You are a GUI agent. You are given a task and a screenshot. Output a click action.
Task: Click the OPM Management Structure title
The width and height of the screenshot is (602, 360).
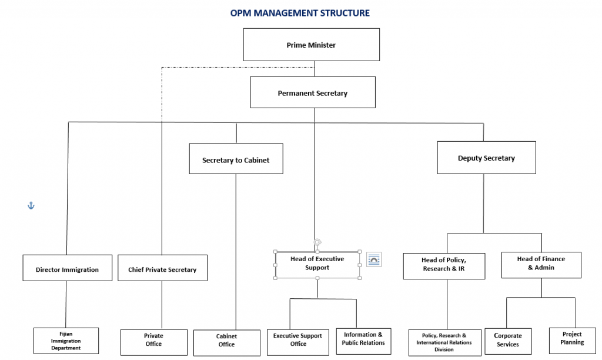tap(300, 13)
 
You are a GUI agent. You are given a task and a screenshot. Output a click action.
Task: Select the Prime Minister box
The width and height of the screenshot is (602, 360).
tap(311, 45)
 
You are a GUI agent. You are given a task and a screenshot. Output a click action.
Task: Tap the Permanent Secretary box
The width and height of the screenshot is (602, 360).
tap(312, 93)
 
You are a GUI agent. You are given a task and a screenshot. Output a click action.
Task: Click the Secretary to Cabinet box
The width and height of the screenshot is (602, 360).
tap(236, 159)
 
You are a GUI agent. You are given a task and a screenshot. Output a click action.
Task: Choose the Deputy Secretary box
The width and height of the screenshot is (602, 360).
tap(486, 158)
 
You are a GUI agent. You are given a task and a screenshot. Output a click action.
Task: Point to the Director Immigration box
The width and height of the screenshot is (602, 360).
tap(67, 269)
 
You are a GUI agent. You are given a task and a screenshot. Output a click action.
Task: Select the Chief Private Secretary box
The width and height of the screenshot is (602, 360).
tap(162, 269)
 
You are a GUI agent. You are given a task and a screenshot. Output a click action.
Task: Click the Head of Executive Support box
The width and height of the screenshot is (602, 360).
tap(317, 264)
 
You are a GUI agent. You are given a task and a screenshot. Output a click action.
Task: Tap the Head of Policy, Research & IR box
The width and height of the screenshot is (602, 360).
tap(444, 265)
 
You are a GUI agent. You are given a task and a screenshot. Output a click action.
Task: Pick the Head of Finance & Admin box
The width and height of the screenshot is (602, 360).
tap(541, 264)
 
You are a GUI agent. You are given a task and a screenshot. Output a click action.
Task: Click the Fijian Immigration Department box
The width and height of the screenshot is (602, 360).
tap(66, 341)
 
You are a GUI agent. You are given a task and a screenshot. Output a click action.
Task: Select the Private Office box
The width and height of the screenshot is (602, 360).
tap(153, 341)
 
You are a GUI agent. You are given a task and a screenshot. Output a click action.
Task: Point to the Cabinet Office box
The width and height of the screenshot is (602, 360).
tap(226, 341)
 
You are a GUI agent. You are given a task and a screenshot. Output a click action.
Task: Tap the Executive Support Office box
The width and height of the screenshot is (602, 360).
tap(297, 340)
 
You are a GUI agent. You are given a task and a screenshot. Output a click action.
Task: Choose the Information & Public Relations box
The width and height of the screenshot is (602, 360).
tap(363, 339)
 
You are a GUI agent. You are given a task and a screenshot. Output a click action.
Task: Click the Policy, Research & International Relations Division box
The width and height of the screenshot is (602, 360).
tap(444, 342)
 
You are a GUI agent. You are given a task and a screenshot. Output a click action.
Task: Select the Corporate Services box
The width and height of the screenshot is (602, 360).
tap(507, 341)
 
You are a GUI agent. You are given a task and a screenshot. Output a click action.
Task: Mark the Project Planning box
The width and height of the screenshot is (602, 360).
tap(572, 339)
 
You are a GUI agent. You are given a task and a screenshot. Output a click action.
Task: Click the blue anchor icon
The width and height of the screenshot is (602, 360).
tap(31, 205)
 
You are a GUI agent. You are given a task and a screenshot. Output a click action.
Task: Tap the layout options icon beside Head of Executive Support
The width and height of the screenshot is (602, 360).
tap(374, 259)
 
